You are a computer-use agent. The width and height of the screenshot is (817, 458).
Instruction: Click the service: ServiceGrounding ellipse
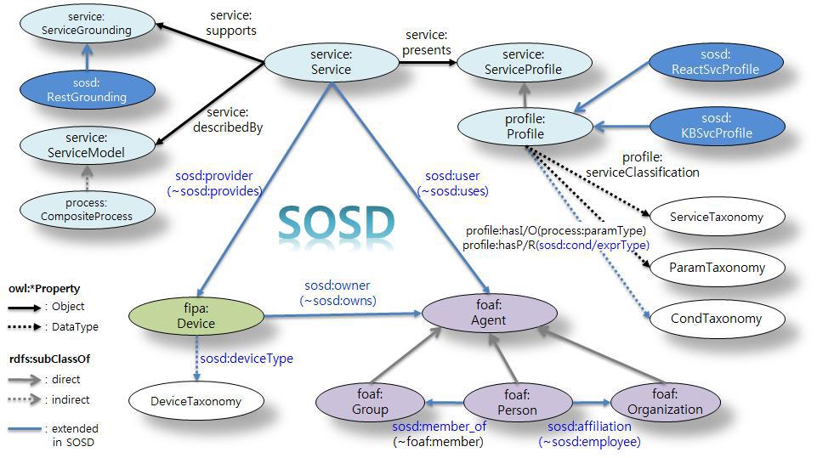click(x=87, y=24)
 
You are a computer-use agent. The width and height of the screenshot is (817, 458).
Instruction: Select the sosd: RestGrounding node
click(x=87, y=89)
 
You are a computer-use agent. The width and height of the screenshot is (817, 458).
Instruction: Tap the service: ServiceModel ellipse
click(x=87, y=145)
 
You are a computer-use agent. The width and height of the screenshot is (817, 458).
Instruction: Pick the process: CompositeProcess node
click(x=87, y=210)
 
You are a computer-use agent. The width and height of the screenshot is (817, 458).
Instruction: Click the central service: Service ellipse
click(x=332, y=62)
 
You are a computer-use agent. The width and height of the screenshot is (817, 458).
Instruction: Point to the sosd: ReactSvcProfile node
click(x=716, y=62)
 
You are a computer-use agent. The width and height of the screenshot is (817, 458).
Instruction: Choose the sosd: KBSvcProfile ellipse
click(x=717, y=126)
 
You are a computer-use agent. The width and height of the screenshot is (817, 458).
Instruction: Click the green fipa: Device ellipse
click(x=196, y=316)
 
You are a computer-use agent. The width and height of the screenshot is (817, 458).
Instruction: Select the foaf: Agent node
click(x=489, y=313)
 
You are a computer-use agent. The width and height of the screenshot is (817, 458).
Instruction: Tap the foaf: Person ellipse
click(x=518, y=403)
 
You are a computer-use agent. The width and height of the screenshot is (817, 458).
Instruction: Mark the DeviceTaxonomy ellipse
click(x=196, y=401)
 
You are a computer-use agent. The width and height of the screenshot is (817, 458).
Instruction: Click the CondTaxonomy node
click(x=717, y=319)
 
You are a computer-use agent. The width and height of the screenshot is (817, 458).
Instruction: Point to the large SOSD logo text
click(x=336, y=222)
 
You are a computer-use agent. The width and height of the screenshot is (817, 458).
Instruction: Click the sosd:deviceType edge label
click(x=247, y=359)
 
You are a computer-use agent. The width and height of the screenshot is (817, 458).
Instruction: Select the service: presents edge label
click(x=427, y=42)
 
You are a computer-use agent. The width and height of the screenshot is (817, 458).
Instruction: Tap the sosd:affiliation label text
click(x=589, y=427)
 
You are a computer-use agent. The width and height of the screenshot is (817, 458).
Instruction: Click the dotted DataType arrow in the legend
click(x=25, y=327)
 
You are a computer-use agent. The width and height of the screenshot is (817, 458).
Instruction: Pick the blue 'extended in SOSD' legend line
click(x=25, y=429)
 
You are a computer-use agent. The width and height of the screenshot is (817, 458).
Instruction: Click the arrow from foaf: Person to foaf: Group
click(x=444, y=402)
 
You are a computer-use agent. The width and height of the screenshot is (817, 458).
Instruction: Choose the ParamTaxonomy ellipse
click(x=717, y=268)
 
